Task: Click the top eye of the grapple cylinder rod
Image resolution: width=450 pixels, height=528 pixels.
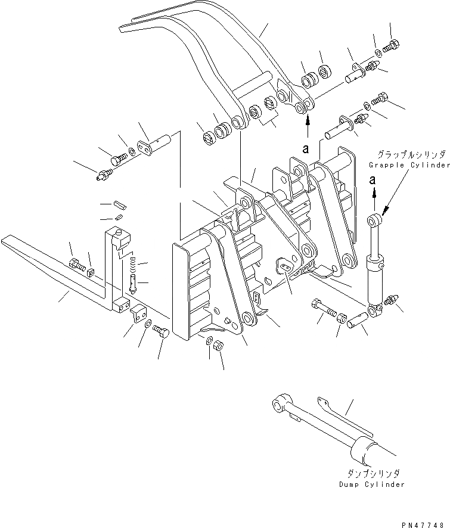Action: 374,219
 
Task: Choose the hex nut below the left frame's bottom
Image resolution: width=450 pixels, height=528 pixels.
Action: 218,346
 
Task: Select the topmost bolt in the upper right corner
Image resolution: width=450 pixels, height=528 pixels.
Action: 392,44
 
